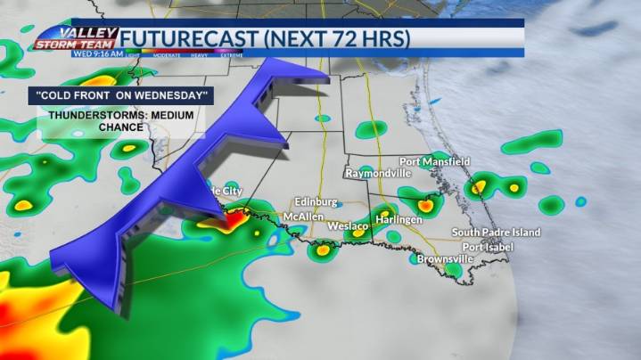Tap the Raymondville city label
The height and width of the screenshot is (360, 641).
pyautogui.click(x=377, y=172)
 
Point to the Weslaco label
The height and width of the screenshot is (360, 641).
pyautogui.click(x=348, y=226)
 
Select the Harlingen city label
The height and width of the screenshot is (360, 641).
pyautogui.click(x=398, y=218)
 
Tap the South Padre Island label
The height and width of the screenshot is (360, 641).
pyautogui.click(x=496, y=233)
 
